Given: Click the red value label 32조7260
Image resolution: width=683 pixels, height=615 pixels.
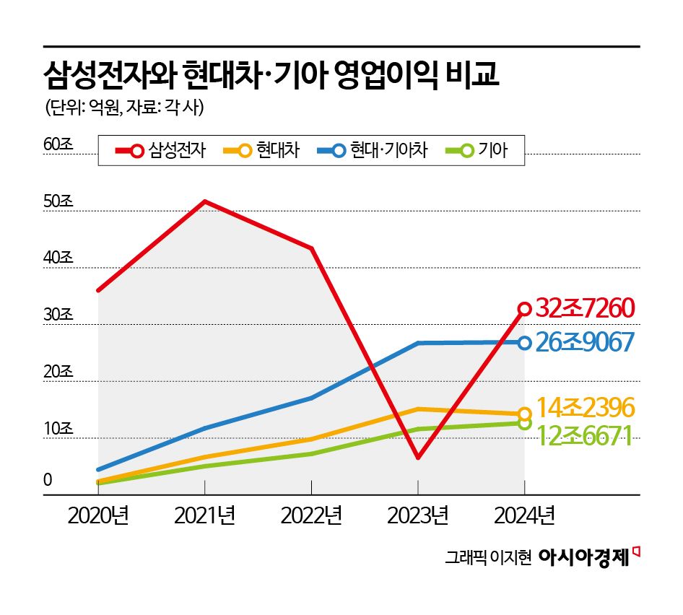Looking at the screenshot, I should coord(585,309).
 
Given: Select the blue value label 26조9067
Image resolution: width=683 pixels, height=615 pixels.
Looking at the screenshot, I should coord(585,342).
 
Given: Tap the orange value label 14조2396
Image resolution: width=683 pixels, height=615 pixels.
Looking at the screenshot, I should coord(586,407).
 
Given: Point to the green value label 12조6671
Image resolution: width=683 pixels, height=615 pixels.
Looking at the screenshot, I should coord(585,435).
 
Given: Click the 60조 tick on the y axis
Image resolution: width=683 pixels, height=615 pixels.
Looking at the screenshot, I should coord(58,144).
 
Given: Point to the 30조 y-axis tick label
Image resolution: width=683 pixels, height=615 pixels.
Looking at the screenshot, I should coord(58,315).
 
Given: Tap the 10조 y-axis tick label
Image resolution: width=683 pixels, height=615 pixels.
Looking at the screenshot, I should coord(58,428).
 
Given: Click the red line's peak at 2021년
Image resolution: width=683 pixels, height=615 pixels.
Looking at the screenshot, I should coord(205,201).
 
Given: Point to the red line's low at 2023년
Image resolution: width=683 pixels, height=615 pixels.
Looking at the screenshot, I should coord(418,458).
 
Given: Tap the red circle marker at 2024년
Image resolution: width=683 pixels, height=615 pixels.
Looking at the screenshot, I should coord(524,309).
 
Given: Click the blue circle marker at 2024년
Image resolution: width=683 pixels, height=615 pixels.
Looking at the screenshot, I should coord(524,343).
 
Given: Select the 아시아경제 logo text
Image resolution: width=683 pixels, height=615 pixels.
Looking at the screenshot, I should coord(586,557).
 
